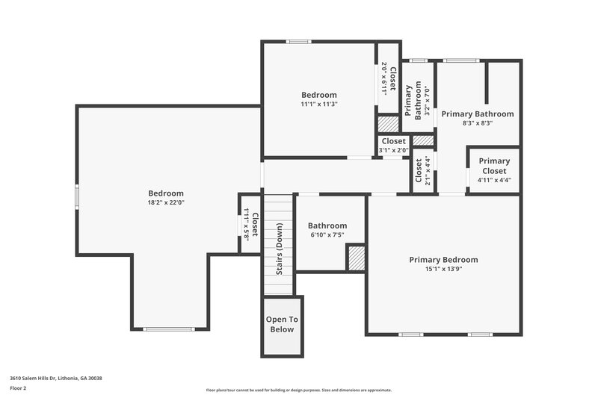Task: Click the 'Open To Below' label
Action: click(282, 324)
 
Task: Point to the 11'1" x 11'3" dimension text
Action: click(319, 105)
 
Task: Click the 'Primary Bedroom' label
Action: click(443, 260)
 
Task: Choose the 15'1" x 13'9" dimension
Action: click(443, 269)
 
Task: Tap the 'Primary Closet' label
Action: click(494, 166)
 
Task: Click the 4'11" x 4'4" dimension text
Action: click(494, 180)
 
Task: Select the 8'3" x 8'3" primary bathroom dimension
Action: click(477, 123)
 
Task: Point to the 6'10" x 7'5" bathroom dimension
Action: click(327, 235)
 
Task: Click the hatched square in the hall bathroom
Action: click(355, 258)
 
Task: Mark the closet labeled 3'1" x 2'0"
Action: click(393, 146)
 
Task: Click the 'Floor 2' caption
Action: click(18, 389)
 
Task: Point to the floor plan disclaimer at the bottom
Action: click(298, 390)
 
